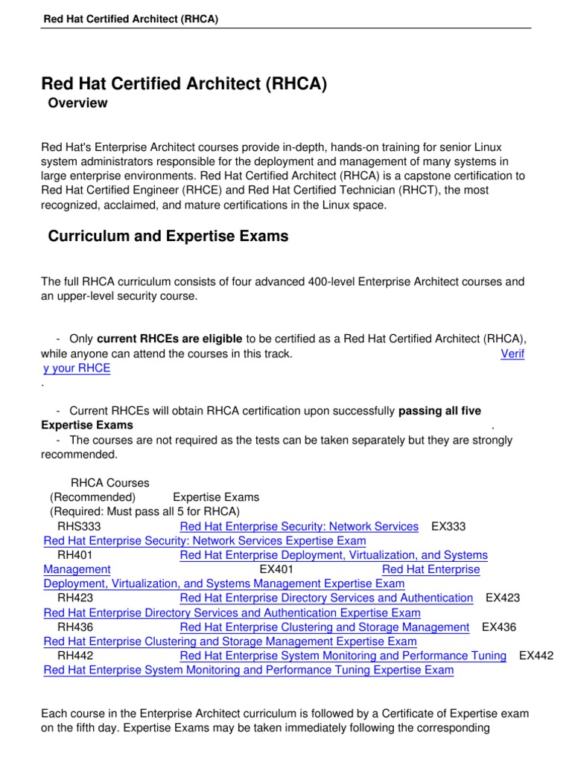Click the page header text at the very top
pyautogui.click(x=130, y=19)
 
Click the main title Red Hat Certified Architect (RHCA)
pyautogui.click(x=184, y=84)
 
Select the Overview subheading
pyautogui.click(x=77, y=103)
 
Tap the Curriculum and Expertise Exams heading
pyautogui.click(x=168, y=237)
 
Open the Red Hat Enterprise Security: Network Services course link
pyautogui.click(x=299, y=527)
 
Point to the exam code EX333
pyautogui.click(x=448, y=527)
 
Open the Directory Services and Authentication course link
pyautogui.click(x=326, y=598)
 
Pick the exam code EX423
pyautogui.click(x=503, y=598)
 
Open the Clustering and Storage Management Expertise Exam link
pyautogui.click(x=230, y=641)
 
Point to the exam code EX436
pyautogui.click(x=499, y=627)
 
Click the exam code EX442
pyautogui.click(x=536, y=656)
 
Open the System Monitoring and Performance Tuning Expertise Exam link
pyautogui.click(x=248, y=670)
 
